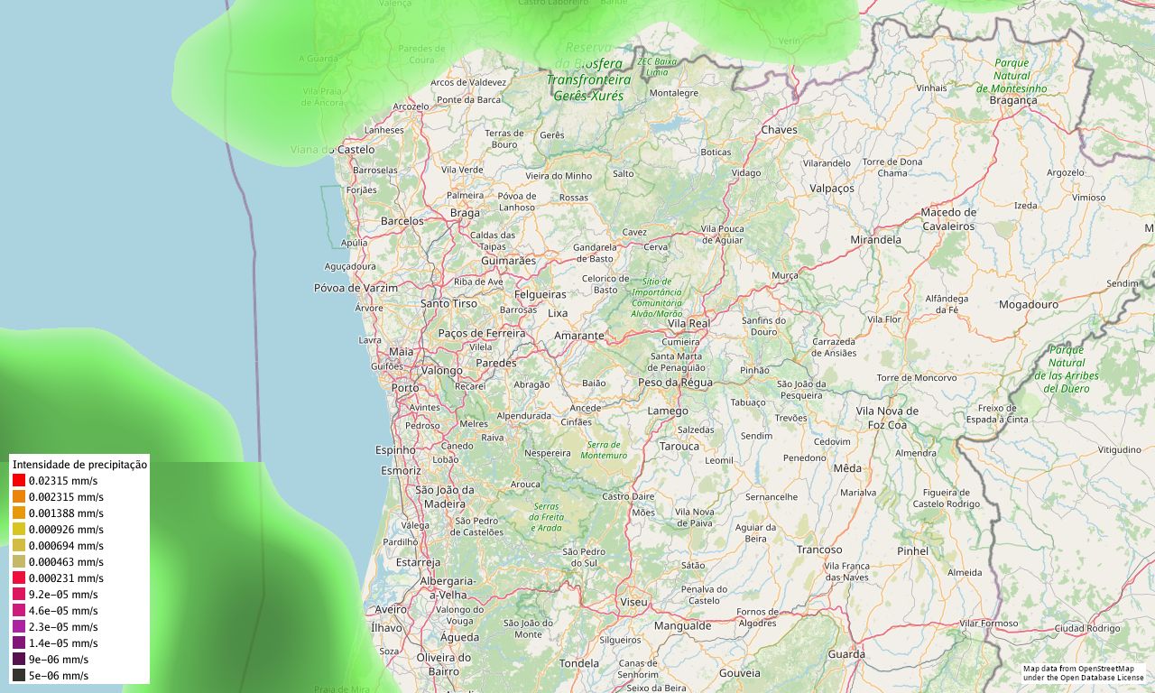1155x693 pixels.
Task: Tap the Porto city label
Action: click(x=404, y=388)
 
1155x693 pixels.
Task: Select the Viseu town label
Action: click(x=633, y=602)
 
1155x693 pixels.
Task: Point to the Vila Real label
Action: click(x=688, y=323)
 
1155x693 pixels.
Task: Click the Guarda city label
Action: click(x=845, y=655)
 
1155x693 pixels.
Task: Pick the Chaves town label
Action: click(x=779, y=130)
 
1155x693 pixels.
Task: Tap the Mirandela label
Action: click(x=875, y=240)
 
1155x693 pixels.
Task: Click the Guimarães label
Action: click(x=508, y=261)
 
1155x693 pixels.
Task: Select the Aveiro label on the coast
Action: click(x=391, y=610)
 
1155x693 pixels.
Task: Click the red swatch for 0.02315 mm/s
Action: click(x=19, y=481)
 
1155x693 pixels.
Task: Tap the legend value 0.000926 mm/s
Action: click(x=66, y=530)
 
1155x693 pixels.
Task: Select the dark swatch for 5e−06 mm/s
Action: click(x=19, y=675)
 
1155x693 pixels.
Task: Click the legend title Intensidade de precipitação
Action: click(x=79, y=464)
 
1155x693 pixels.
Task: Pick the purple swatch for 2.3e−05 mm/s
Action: click(x=19, y=626)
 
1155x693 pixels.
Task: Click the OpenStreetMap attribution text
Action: click(x=1083, y=672)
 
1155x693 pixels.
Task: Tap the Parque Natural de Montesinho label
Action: click(x=1012, y=76)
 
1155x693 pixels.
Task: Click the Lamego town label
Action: click(x=668, y=411)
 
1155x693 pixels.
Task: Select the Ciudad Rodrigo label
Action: click(x=1086, y=628)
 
